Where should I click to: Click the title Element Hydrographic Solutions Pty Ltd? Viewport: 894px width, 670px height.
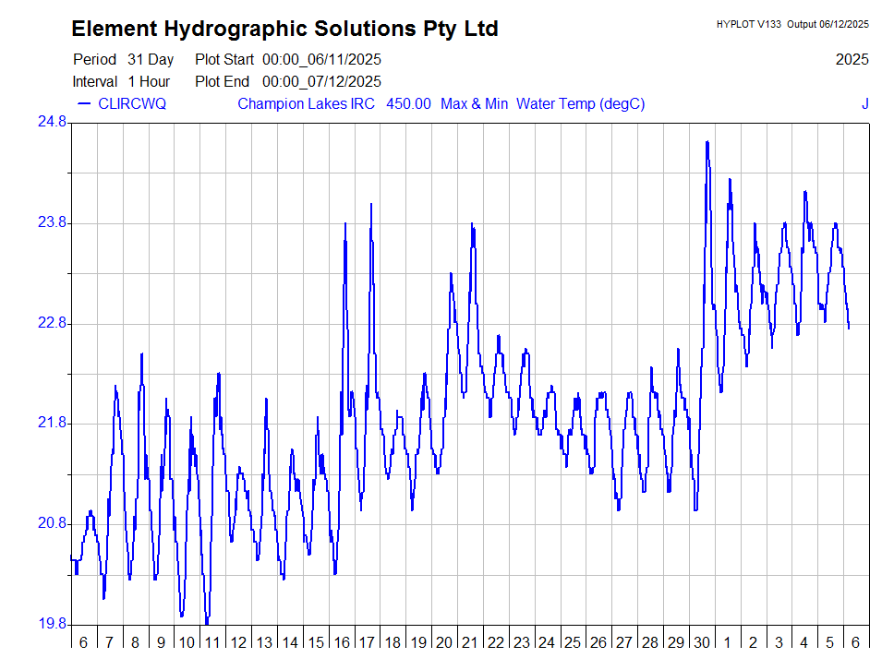pyautogui.click(x=284, y=29)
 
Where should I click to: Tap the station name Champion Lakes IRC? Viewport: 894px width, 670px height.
pyautogui.click(x=306, y=103)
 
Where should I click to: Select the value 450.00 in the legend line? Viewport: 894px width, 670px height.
pyautogui.click(x=408, y=103)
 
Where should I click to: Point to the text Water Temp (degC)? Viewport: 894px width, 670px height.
pyautogui.click(x=580, y=103)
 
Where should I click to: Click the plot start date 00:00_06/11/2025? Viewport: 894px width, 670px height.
pyautogui.click(x=321, y=60)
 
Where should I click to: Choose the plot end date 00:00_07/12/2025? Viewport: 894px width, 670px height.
pyautogui.click(x=321, y=82)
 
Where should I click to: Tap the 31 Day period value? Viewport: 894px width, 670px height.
pyautogui.click(x=151, y=60)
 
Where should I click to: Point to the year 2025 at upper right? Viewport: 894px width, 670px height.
pyautogui.click(x=852, y=60)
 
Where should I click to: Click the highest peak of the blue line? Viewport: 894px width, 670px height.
pyautogui.click(x=707, y=142)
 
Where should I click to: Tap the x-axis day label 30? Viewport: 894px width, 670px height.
pyautogui.click(x=701, y=643)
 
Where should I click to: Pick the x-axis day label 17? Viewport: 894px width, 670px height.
pyautogui.click(x=367, y=643)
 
